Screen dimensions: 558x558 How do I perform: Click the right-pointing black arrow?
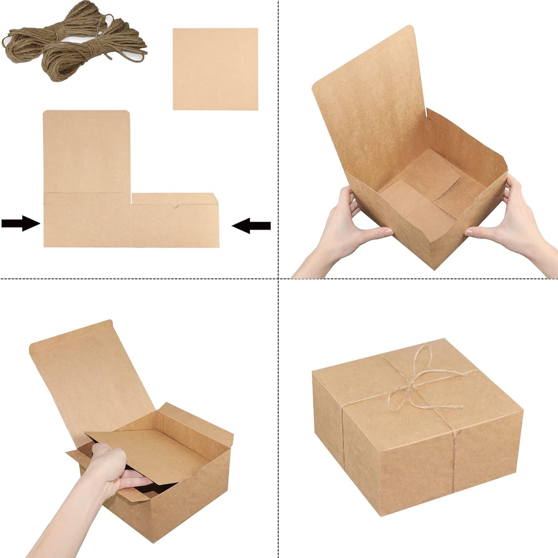(x=20, y=223)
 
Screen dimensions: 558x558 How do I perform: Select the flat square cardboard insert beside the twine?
(x=215, y=69)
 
